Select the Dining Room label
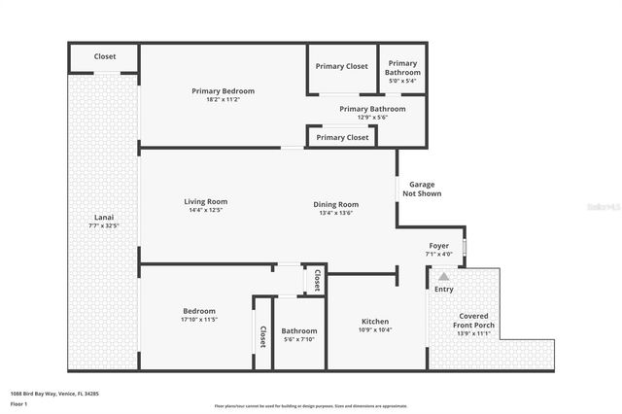[x=335, y=204]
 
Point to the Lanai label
[x=102, y=217]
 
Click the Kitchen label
[x=375, y=321]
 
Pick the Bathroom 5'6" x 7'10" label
[x=299, y=331]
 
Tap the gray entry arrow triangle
[x=444, y=276]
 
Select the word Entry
[x=444, y=290]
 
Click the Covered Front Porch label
[x=473, y=320]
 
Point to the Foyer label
[x=439, y=246]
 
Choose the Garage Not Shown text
[x=422, y=189]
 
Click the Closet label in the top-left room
[x=105, y=56]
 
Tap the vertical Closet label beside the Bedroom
[x=262, y=336]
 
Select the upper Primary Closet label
[x=342, y=66]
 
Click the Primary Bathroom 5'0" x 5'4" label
[x=402, y=67]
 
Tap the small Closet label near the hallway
[x=316, y=280]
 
